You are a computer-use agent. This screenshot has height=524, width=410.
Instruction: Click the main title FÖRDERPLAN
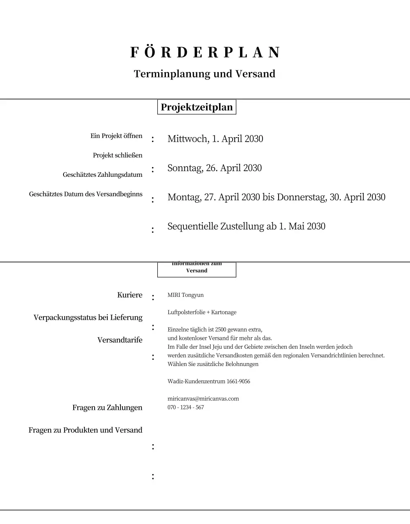[205, 52]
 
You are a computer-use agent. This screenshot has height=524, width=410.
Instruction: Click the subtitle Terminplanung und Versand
[204, 74]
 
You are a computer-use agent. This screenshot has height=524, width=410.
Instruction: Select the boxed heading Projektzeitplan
[197, 107]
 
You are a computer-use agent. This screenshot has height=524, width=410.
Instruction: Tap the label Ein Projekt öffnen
[116, 136]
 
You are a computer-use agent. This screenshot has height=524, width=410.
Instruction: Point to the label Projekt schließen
[118, 155]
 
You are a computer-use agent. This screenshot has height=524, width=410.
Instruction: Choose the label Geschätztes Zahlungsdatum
[102, 175]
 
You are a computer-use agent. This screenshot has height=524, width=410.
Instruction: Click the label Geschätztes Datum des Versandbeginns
[86, 194]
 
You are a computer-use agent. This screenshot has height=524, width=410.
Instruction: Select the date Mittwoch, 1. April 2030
[215, 139]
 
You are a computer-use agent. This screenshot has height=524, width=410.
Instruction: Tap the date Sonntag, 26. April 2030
[214, 168]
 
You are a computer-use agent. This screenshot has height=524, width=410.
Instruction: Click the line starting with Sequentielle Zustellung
[246, 226]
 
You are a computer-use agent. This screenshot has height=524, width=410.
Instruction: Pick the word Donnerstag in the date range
[302, 197]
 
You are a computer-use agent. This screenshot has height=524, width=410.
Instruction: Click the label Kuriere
[130, 295]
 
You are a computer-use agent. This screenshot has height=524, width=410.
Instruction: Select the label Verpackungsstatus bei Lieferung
[88, 318]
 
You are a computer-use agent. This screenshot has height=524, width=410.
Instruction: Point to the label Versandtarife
[120, 340]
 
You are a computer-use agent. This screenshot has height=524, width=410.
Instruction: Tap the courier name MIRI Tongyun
[186, 295]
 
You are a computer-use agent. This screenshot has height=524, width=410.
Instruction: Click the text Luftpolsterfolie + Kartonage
[202, 312]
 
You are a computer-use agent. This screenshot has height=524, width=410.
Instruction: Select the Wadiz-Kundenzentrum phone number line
[208, 382]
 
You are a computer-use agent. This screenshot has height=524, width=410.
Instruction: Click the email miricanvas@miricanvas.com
[203, 399]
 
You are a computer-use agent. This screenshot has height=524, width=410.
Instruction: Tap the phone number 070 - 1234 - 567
[186, 407]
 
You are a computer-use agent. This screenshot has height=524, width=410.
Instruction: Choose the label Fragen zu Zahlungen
[107, 408]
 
